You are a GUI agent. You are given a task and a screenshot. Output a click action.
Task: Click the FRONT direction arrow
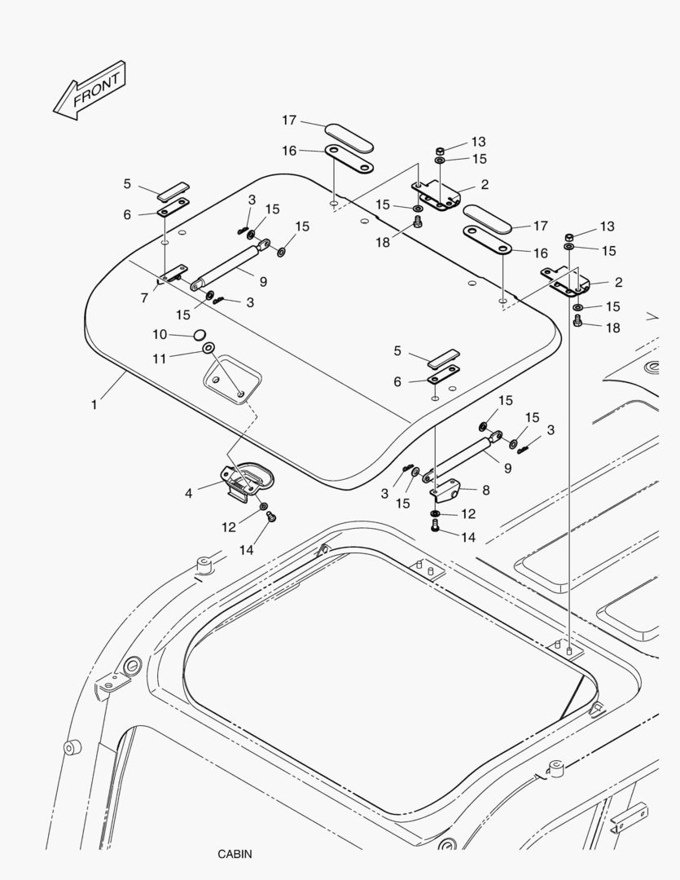click(89, 90)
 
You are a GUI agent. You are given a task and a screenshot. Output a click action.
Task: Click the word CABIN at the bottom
click(235, 854)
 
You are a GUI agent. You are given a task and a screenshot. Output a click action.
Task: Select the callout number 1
click(94, 404)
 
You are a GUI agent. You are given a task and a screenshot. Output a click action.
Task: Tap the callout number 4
click(188, 493)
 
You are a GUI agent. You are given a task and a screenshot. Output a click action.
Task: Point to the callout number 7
click(144, 298)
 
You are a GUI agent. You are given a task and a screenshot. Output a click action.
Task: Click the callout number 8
click(485, 490)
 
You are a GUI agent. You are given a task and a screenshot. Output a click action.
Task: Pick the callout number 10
click(160, 334)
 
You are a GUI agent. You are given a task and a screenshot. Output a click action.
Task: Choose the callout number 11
click(160, 357)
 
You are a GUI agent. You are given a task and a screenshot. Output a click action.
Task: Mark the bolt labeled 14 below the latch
click(273, 517)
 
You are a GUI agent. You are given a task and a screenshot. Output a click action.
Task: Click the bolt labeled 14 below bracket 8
click(436, 528)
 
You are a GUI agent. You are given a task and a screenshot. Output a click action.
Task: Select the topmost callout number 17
click(289, 120)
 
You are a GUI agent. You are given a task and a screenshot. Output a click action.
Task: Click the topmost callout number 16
click(289, 150)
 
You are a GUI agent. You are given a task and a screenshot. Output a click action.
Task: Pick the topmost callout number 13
click(478, 143)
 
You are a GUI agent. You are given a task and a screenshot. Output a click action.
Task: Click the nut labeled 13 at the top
click(439, 150)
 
